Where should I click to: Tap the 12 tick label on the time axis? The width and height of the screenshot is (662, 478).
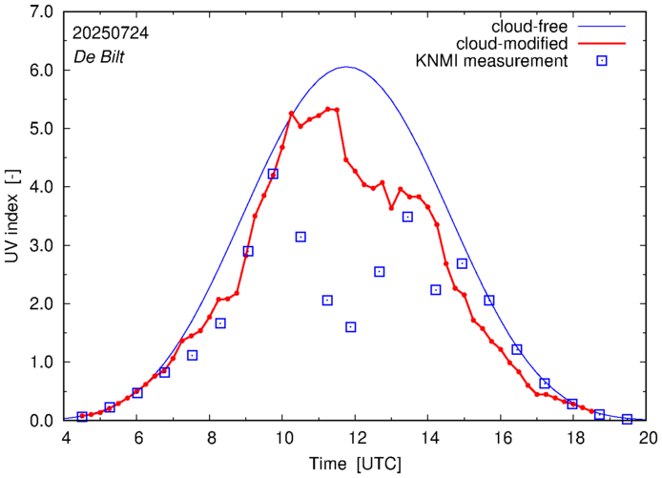(x=357, y=440)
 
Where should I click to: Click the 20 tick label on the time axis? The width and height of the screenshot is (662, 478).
(x=649, y=440)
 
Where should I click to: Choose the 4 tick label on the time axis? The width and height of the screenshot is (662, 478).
(x=65, y=440)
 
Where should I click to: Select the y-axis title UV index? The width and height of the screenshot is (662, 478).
(x=13, y=217)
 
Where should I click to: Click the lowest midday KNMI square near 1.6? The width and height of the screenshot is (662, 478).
(x=351, y=327)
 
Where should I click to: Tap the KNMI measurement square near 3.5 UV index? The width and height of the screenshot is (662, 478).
(x=407, y=217)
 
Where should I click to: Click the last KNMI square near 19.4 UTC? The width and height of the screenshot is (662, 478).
(x=627, y=419)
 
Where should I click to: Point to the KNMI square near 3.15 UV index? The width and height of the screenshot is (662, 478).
(x=300, y=237)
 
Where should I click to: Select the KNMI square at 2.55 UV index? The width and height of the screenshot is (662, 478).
(x=380, y=272)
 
